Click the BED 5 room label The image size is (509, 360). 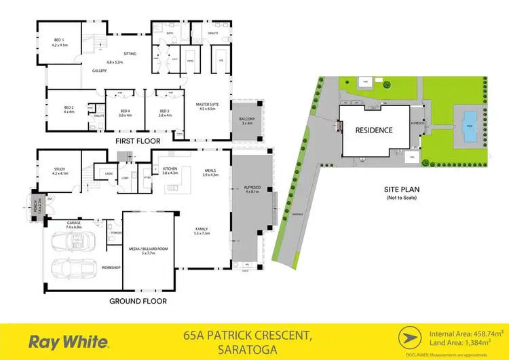pyautogui.click(x=58, y=40)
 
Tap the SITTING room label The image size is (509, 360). pyautogui.click(x=130, y=53)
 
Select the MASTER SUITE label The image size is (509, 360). pyautogui.click(x=206, y=105)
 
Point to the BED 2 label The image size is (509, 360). pyautogui.click(x=69, y=107)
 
